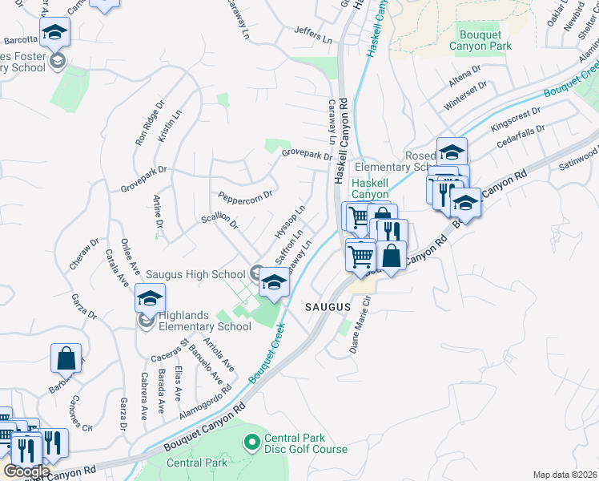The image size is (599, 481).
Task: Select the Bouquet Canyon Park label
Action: pos(486,40)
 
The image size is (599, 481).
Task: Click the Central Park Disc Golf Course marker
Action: pos(251,442)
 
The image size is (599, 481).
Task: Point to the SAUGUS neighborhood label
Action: pos(328,307)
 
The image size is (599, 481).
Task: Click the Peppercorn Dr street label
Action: pos(245,195)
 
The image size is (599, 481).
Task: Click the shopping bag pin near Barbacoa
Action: pos(66,358)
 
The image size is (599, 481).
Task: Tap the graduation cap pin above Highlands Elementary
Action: pos(149,298)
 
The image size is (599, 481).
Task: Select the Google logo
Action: pos(26,471)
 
